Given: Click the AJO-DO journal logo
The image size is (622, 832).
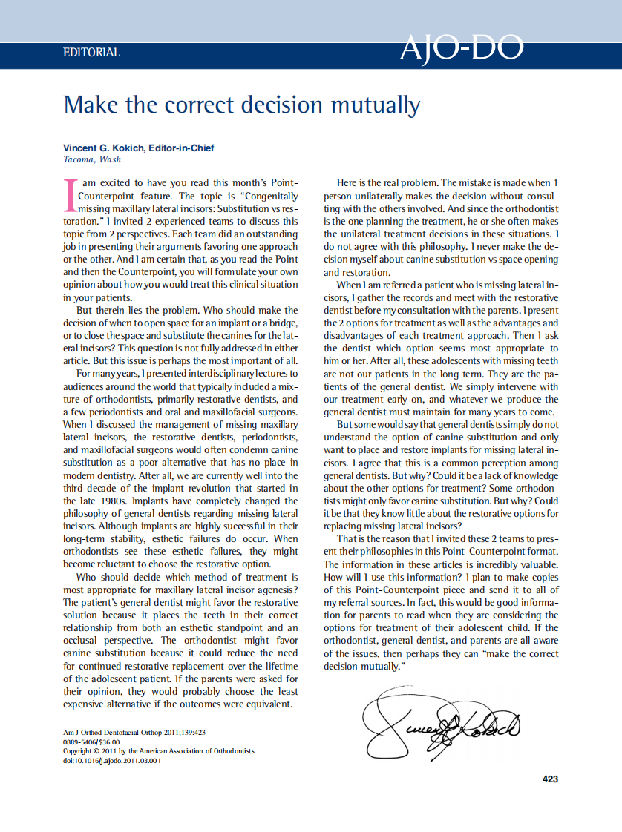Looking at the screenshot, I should point(461,49).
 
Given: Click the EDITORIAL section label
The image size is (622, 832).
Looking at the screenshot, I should point(91,53).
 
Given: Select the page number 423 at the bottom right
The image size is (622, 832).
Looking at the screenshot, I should point(550,779).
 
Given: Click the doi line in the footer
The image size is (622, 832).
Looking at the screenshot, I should point(111,761).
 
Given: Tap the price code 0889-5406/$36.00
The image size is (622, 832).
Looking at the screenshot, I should point(91,742).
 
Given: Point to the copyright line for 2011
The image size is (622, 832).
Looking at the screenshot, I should point(159,751).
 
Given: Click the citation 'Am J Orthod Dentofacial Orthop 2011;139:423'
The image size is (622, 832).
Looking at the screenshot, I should point(134,732).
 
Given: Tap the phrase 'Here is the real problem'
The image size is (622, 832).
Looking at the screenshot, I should point(387,182).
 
